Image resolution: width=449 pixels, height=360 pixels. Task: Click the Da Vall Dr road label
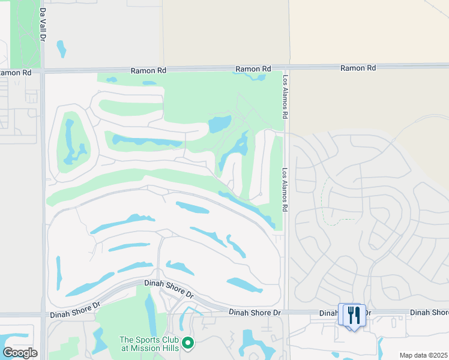tap(43, 25)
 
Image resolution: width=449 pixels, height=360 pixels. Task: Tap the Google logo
tap(20, 353)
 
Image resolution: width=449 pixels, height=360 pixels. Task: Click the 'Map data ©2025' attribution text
tap(423, 355)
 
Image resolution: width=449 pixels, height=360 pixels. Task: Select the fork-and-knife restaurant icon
tap(353, 314)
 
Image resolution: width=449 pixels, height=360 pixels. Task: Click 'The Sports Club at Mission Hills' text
tap(149, 343)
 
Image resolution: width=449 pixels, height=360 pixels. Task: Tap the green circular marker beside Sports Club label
tap(188, 343)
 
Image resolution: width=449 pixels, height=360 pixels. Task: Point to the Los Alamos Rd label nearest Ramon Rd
tap(286, 95)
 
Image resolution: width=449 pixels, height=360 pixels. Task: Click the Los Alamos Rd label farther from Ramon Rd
tap(286, 188)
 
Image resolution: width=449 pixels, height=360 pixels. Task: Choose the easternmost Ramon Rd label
tap(358, 68)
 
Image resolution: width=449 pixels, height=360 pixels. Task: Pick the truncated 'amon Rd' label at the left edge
tap(16, 73)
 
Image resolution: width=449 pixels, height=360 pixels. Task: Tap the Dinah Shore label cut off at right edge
tap(429, 313)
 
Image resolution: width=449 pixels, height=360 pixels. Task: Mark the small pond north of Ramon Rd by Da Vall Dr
tap(61, 48)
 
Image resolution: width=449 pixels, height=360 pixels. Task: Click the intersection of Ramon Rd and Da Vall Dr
tap(43, 71)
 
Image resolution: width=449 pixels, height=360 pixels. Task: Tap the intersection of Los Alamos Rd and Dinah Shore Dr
tap(287, 312)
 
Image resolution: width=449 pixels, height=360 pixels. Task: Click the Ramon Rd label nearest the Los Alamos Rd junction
tap(253, 69)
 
